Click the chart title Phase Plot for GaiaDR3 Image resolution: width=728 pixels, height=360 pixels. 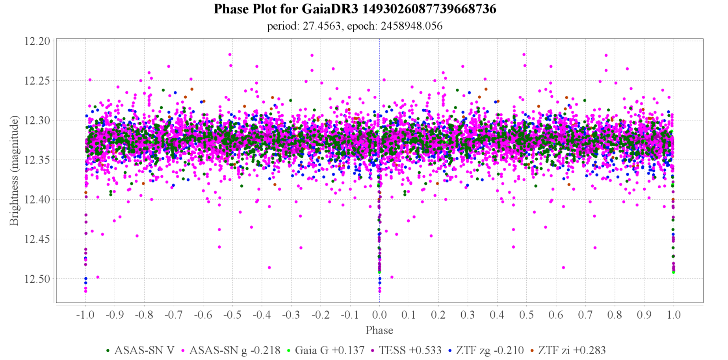coord(355,9)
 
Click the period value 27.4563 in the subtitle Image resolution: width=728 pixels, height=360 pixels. coord(321,26)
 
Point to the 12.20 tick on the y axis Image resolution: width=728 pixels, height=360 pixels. coord(37,41)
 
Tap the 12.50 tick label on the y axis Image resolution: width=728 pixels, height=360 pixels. coord(37,279)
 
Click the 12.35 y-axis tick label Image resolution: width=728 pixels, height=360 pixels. coord(37,160)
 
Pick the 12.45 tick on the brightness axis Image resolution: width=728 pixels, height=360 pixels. coord(37,239)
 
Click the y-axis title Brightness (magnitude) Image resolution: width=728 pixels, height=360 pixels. coord(14,171)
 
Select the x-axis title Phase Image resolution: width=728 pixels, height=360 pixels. coord(379,330)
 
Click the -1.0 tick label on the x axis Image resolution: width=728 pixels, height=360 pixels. coord(85,315)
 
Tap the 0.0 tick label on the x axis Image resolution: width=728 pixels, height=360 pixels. coord(379,315)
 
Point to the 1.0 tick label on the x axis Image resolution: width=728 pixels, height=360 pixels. coord(674,315)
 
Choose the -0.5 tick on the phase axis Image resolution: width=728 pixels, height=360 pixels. coord(232,315)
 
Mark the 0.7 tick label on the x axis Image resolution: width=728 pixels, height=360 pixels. coord(585,315)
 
